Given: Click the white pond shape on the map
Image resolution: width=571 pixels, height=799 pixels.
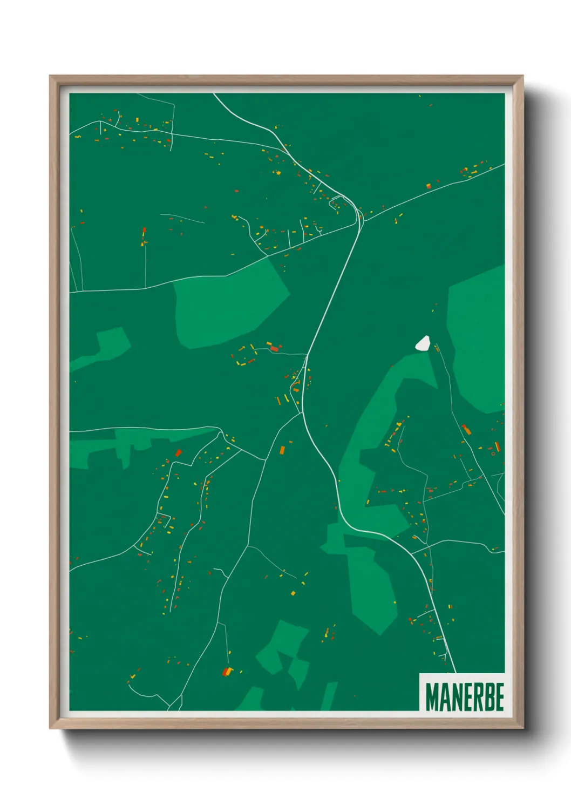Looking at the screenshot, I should pos(423,343).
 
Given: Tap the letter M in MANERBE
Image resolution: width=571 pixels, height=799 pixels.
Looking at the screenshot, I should pos(431,697).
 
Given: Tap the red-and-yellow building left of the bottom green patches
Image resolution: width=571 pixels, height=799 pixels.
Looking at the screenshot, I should pos(227,672).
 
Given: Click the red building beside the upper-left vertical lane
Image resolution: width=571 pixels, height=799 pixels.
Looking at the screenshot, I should pos(144,233).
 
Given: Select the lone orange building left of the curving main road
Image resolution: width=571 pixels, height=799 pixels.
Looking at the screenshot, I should pos(282,449).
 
